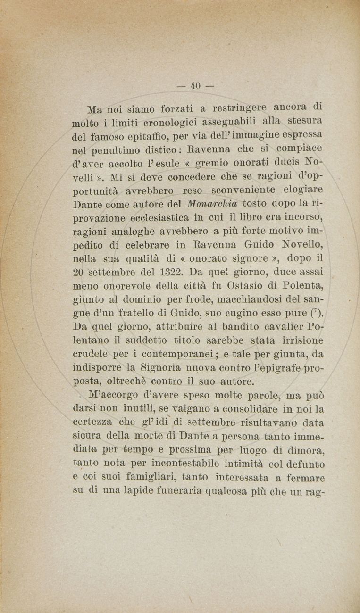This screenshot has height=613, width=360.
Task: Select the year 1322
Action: click(x=169, y=272)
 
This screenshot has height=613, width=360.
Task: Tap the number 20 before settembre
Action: click(x=79, y=272)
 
